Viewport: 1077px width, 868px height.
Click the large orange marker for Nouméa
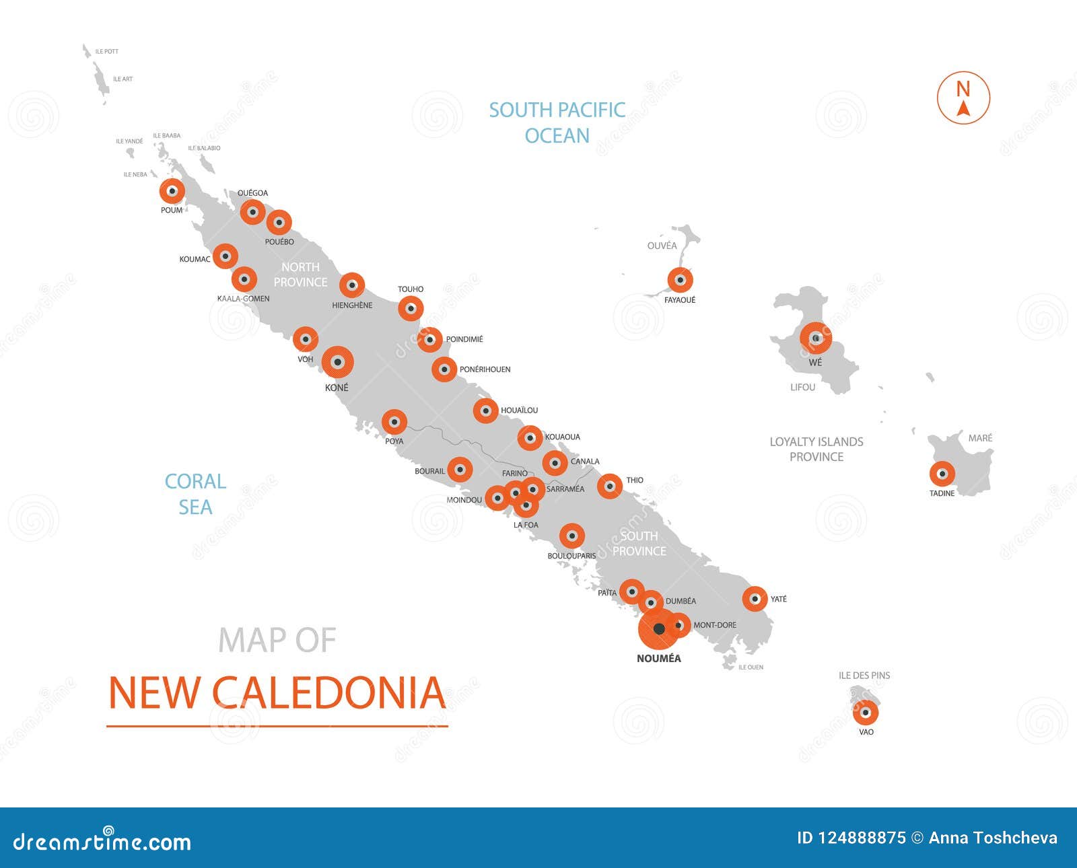(659, 629)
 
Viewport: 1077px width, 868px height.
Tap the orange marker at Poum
(172, 191)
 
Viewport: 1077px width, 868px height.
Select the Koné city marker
(338, 363)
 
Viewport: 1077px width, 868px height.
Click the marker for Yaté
(755, 598)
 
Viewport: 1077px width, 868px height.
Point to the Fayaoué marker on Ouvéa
(680, 280)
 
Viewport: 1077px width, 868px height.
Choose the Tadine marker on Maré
(942, 474)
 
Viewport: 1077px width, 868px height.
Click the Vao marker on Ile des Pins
(866, 712)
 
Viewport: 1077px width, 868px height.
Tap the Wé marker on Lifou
(816, 338)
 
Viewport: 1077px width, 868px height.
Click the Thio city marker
(610, 486)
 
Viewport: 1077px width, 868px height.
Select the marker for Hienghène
(351, 285)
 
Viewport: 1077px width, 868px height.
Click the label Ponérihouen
(485, 369)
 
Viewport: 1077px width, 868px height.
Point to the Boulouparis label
(571, 556)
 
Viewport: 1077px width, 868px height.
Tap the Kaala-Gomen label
(243, 299)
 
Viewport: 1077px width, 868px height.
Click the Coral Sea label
(195, 494)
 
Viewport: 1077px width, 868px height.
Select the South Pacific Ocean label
(557, 122)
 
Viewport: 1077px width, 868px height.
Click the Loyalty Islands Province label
(816, 449)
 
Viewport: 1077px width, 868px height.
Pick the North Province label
(300, 275)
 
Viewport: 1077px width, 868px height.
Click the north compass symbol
(963, 98)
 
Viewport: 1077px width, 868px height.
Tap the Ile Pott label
(107, 51)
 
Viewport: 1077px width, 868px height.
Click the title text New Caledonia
(277, 693)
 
